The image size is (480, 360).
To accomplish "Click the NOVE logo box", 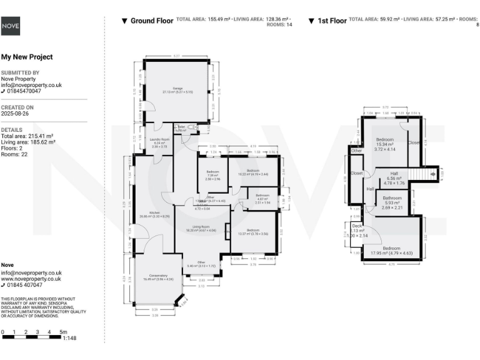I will click(11, 26).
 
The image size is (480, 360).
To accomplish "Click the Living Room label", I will click(200, 227).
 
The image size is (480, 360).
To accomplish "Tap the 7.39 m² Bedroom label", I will click(213, 174).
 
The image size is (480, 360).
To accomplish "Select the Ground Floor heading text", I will click(151, 21).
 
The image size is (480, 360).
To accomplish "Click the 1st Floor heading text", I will click(332, 21).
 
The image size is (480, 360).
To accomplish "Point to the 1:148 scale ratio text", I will click(70, 338).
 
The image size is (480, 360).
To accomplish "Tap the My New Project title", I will click(27, 57).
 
